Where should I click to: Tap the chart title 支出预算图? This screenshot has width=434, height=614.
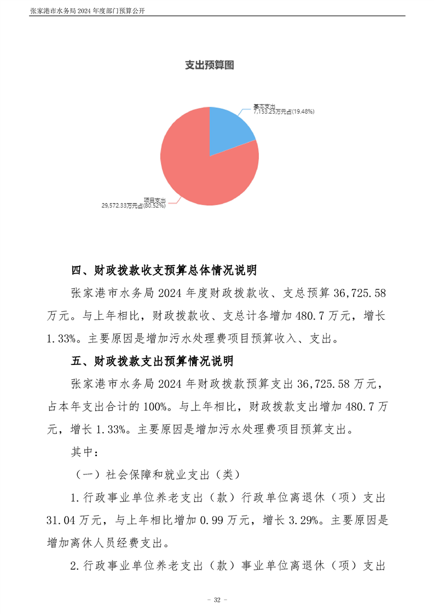pos(210,66)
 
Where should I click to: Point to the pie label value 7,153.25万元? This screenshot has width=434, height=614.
pos(270,111)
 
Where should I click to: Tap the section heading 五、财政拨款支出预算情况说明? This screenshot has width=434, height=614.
pos(153,361)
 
